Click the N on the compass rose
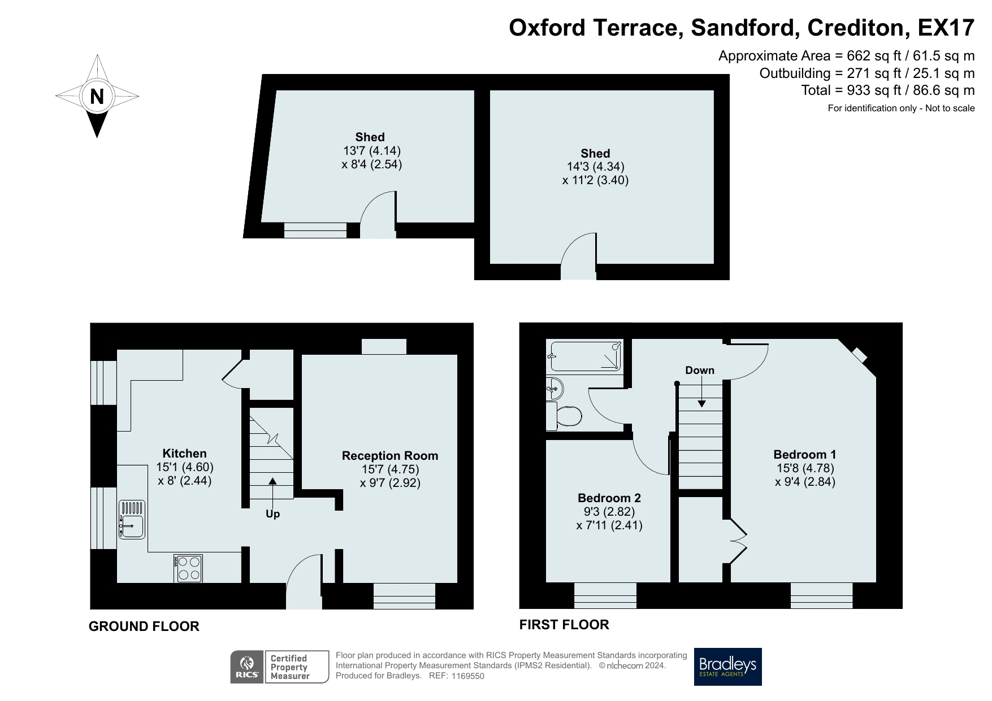97,97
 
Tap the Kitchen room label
184,453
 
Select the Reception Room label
390,455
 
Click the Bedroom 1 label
805,454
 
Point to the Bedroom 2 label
609,498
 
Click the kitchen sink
132,519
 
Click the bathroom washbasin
555,388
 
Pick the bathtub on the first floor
586,356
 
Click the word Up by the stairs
272,514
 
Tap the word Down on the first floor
700,370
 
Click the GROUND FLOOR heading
144,626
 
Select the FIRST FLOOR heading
564,624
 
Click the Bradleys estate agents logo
728,667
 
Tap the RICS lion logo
247,667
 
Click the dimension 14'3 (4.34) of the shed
595,167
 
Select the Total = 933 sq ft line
888,90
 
